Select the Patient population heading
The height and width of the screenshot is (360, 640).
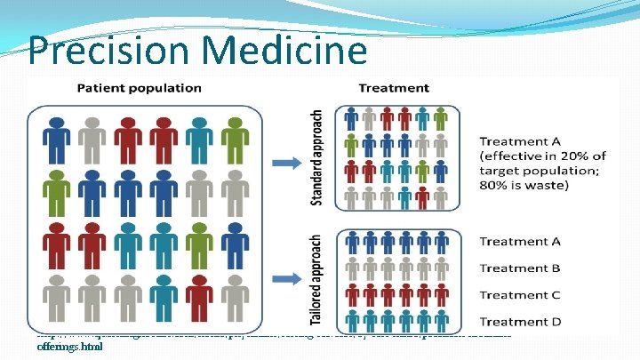point(139,88)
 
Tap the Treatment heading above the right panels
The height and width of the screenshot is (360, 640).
point(394,88)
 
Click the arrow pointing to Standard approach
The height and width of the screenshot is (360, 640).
point(285,162)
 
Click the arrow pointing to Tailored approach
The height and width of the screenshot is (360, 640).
point(285,276)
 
